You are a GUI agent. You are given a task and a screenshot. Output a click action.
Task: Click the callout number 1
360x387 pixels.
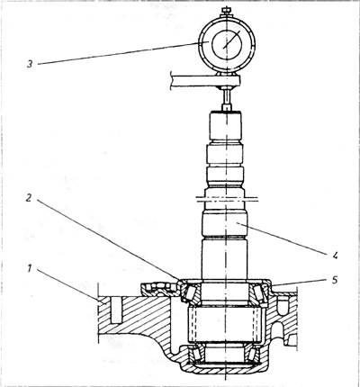click(29, 269)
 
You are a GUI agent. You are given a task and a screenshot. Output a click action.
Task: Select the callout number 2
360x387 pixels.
click(29, 198)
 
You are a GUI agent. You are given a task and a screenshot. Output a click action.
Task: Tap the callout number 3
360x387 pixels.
click(30, 64)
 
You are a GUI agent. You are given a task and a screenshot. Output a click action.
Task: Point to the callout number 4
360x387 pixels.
click(335, 255)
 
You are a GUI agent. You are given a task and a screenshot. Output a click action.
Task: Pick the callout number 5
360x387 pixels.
click(335, 280)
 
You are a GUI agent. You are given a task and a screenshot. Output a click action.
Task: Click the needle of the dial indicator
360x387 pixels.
click(232, 40)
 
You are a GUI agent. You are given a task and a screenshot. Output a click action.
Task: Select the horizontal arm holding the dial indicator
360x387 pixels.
click(205, 81)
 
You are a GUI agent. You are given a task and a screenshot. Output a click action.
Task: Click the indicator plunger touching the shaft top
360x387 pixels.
click(226, 99)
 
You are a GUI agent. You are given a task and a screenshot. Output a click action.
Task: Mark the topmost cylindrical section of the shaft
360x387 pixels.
click(226, 125)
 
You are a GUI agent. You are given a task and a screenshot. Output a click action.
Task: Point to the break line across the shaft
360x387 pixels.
click(227, 199)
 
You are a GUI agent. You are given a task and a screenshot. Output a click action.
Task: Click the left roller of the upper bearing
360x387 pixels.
click(189, 292)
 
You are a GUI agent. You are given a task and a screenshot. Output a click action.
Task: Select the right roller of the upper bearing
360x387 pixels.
click(258, 292)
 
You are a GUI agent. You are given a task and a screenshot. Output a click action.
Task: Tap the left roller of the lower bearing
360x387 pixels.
click(197, 354)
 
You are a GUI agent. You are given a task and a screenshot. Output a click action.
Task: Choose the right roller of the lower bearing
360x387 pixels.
click(252, 355)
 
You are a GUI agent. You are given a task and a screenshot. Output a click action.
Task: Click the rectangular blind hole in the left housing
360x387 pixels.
click(117, 310)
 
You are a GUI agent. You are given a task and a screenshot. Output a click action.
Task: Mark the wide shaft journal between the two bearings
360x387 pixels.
click(225, 325)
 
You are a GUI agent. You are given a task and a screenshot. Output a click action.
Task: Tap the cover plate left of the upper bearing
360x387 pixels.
click(160, 289)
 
